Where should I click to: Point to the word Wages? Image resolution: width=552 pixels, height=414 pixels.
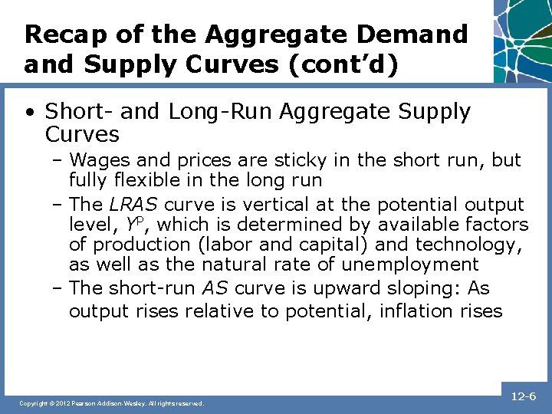97,160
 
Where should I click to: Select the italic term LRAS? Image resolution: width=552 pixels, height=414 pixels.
134,205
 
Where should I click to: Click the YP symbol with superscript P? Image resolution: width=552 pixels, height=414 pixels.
134,224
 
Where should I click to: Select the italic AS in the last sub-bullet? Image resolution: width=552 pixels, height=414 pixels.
215,288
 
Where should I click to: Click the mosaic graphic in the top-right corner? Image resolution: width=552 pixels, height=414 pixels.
522,38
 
